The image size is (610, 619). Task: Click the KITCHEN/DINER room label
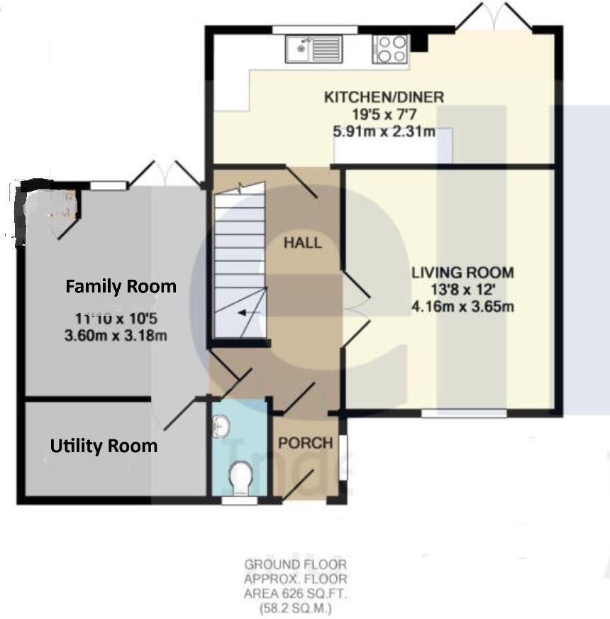[x=384, y=97]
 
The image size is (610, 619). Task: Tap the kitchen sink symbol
[x=314, y=49]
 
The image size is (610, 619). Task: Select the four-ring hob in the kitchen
[x=392, y=49]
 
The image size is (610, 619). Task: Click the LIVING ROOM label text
[x=462, y=273]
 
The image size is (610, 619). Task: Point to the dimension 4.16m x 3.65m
[x=462, y=307]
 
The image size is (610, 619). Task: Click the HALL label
[x=302, y=243]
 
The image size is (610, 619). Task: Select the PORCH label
[x=305, y=444]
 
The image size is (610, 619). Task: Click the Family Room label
[x=121, y=287]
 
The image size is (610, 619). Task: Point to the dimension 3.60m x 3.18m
[x=116, y=335]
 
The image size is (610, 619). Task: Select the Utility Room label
[x=104, y=447]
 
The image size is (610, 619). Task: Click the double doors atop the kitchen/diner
[x=494, y=18]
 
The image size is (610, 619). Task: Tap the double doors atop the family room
[x=165, y=175]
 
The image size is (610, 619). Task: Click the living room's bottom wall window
[x=464, y=412]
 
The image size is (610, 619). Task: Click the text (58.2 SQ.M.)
[x=296, y=609]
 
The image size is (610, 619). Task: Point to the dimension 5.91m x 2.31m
[x=384, y=131]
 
